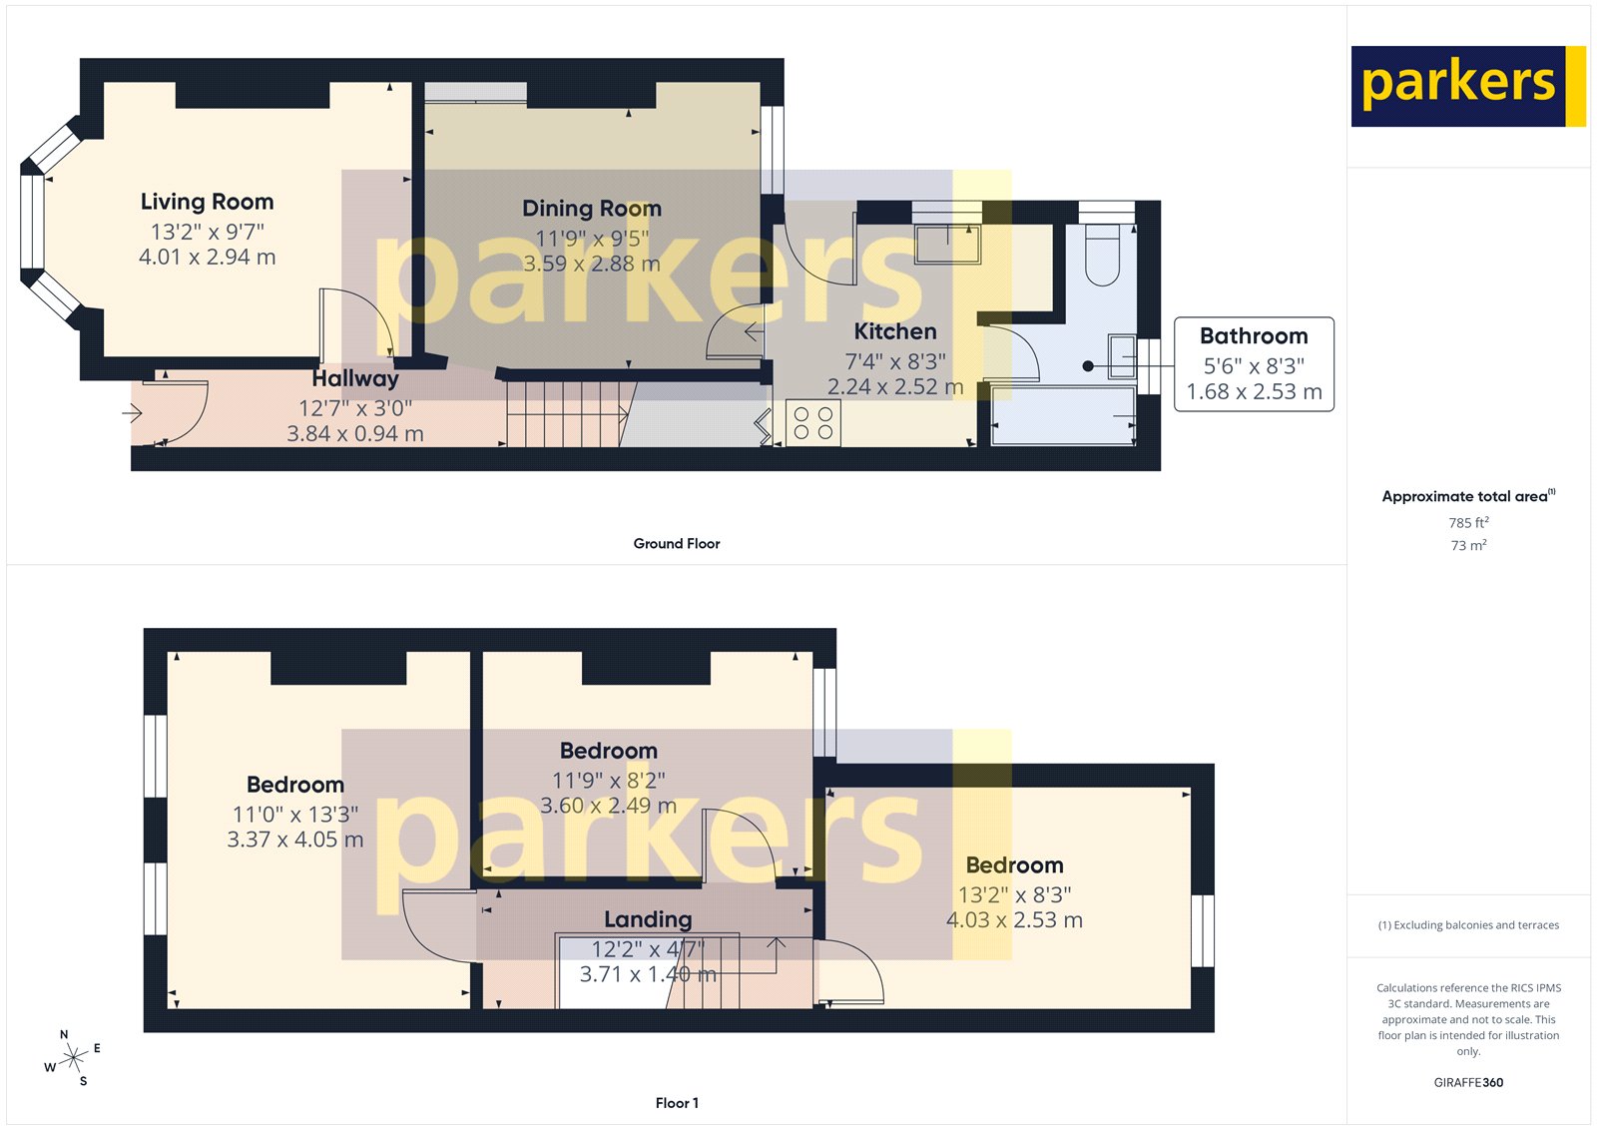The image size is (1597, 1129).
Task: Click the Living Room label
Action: pos(207,202)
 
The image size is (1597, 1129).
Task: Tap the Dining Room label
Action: pos(592,209)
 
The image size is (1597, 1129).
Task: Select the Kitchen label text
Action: pos(895,331)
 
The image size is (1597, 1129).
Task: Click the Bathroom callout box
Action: pos(1254,364)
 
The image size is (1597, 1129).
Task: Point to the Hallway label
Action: pos(355,379)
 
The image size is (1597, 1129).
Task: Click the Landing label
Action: pos(648,919)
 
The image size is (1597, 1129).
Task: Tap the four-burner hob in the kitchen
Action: pos(813,423)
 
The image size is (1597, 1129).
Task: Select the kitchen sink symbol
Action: pos(948,244)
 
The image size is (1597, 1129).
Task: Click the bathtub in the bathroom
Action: pos(1064,416)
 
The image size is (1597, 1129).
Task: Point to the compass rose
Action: pos(73,1058)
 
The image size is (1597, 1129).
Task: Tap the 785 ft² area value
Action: pos(1468,523)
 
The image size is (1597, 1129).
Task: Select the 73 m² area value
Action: pos(1468,546)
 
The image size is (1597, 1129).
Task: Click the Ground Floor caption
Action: pos(676,544)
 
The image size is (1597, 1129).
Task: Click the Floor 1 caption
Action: pos(677,1103)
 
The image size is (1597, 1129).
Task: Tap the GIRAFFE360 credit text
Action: pos(1468,1082)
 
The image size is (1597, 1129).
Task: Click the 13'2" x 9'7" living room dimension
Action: pos(207,232)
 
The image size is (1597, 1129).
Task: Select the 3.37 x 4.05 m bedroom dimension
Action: pos(294,840)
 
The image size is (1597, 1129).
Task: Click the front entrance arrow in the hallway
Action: pos(132,412)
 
